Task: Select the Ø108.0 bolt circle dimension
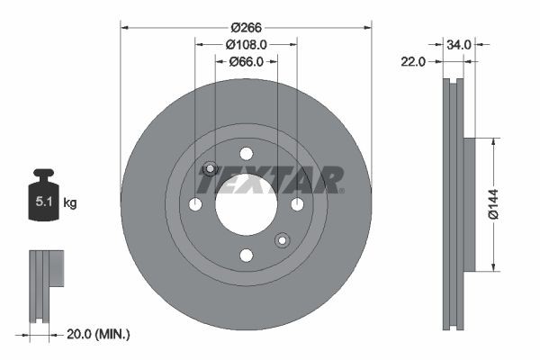pyautogui.click(x=246, y=44)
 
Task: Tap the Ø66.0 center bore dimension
pyautogui.click(x=246, y=61)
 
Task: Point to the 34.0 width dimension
pyautogui.click(x=458, y=42)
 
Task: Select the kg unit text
pyautogui.click(x=71, y=203)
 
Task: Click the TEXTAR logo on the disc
pyautogui.click(x=270, y=180)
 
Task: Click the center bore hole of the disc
pyautogui.click(x=246, y=204)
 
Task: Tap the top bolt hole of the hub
pyautogui.click(x=246, y=153)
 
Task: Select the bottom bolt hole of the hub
pyautogui.click(x=246, y=256)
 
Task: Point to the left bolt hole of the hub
pyautogui.click(x=195, y=204)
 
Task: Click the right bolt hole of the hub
pyautogui.click(x=297, y=204)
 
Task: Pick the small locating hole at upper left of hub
pyautogui.click(x=211, y=168)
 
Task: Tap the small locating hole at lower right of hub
pyautogui.click(x=282, y=239)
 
